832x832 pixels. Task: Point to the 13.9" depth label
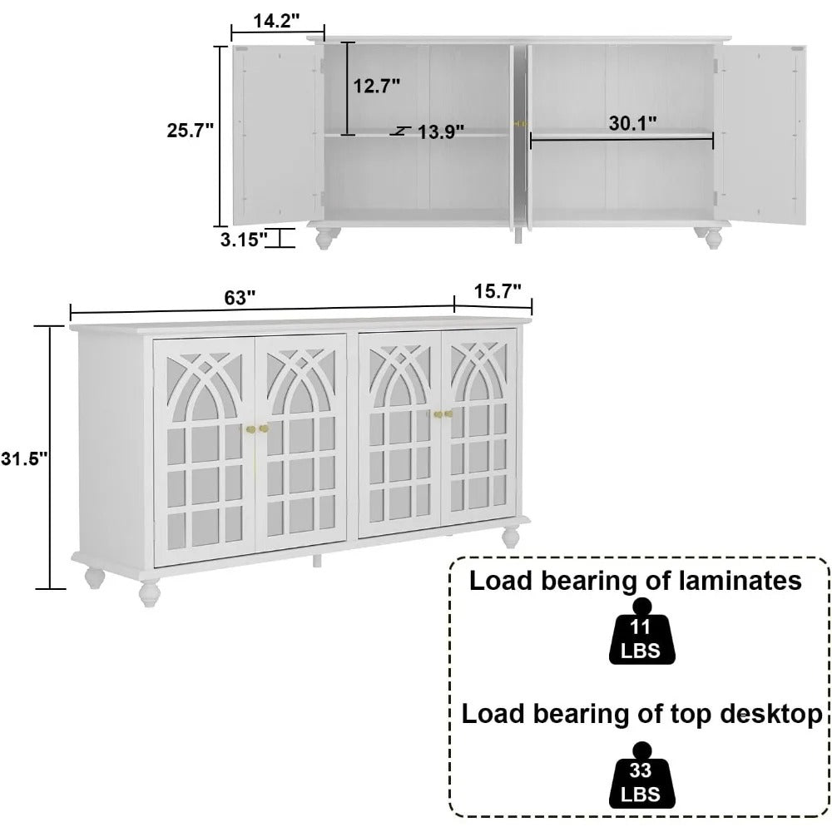pos(440,131)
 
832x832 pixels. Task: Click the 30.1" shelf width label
pos(632,123)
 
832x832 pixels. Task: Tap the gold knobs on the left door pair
pos(258,429)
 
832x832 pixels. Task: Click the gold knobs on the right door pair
pos(442,414)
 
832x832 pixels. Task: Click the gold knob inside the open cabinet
pos(521,123)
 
